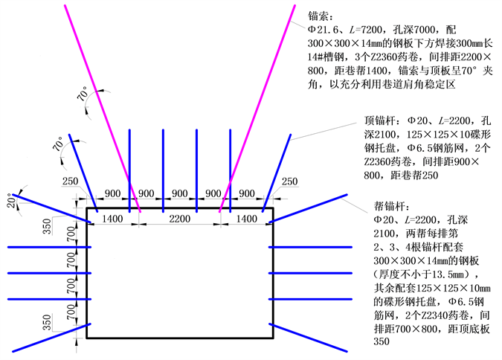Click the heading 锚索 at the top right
(x=321, y=16)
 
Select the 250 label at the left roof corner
(x=71, y=181)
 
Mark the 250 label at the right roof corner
(x=290, y=181)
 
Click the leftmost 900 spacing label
(x=113, y=193)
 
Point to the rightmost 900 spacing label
(x=246, y=193)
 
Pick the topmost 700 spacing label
(x=71, y=237)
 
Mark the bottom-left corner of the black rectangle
(x=88, y=338)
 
